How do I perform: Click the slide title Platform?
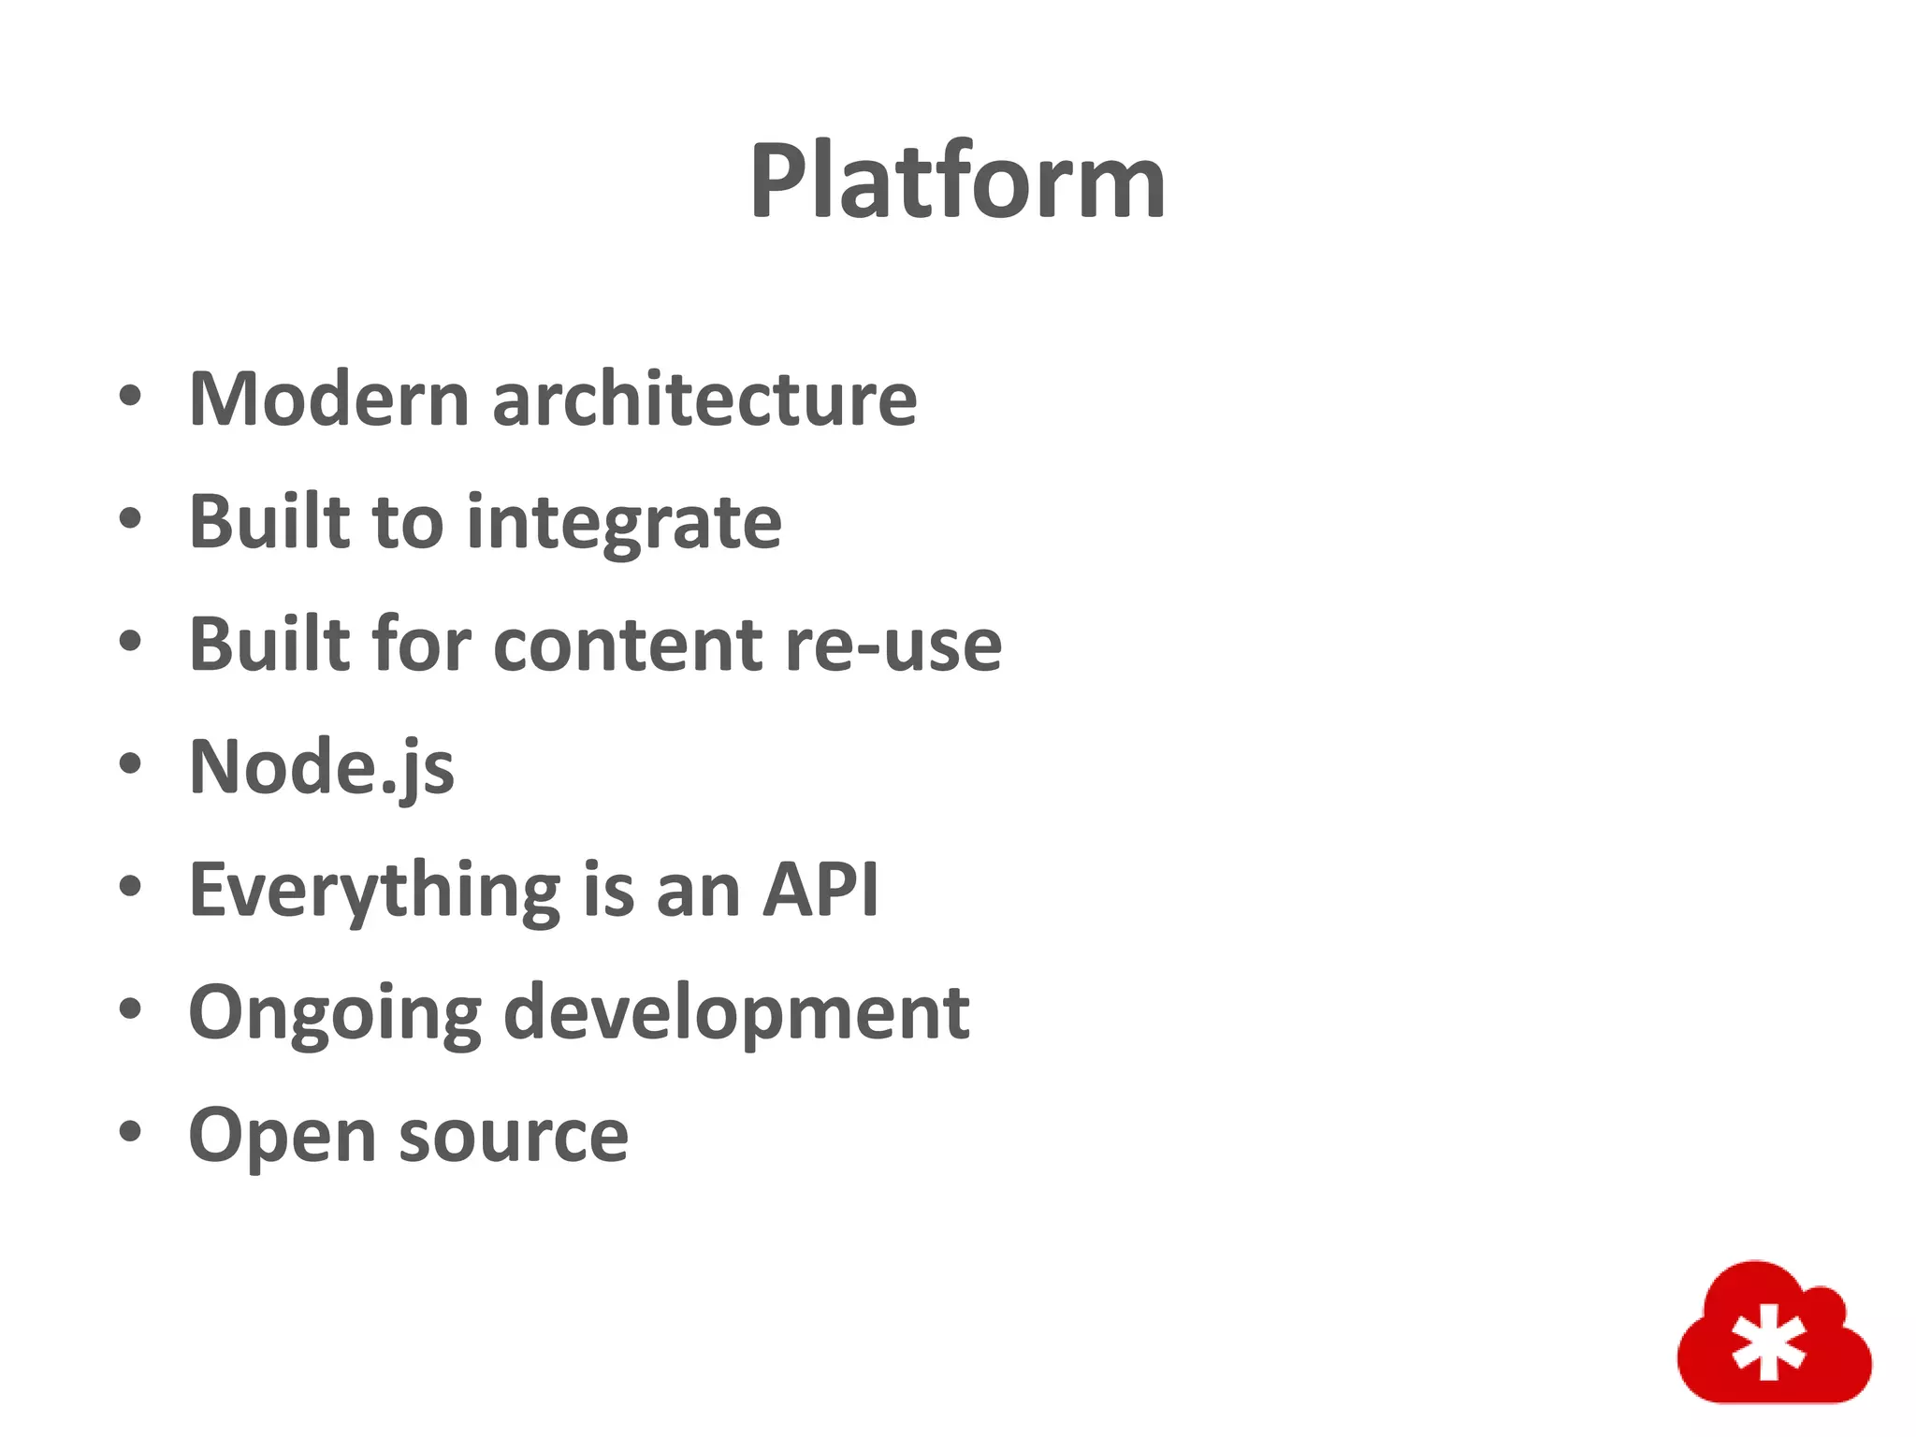tap(957, 181)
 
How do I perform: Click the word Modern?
tap(328, 399)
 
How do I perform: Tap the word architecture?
tap(704, 399)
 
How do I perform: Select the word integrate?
tap(624, 524)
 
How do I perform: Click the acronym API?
tap(820, 890)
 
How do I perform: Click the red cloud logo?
tap(1773, 1334)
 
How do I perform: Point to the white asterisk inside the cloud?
tap(1768, 1344)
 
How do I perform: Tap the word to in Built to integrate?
tap(407, 522)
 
